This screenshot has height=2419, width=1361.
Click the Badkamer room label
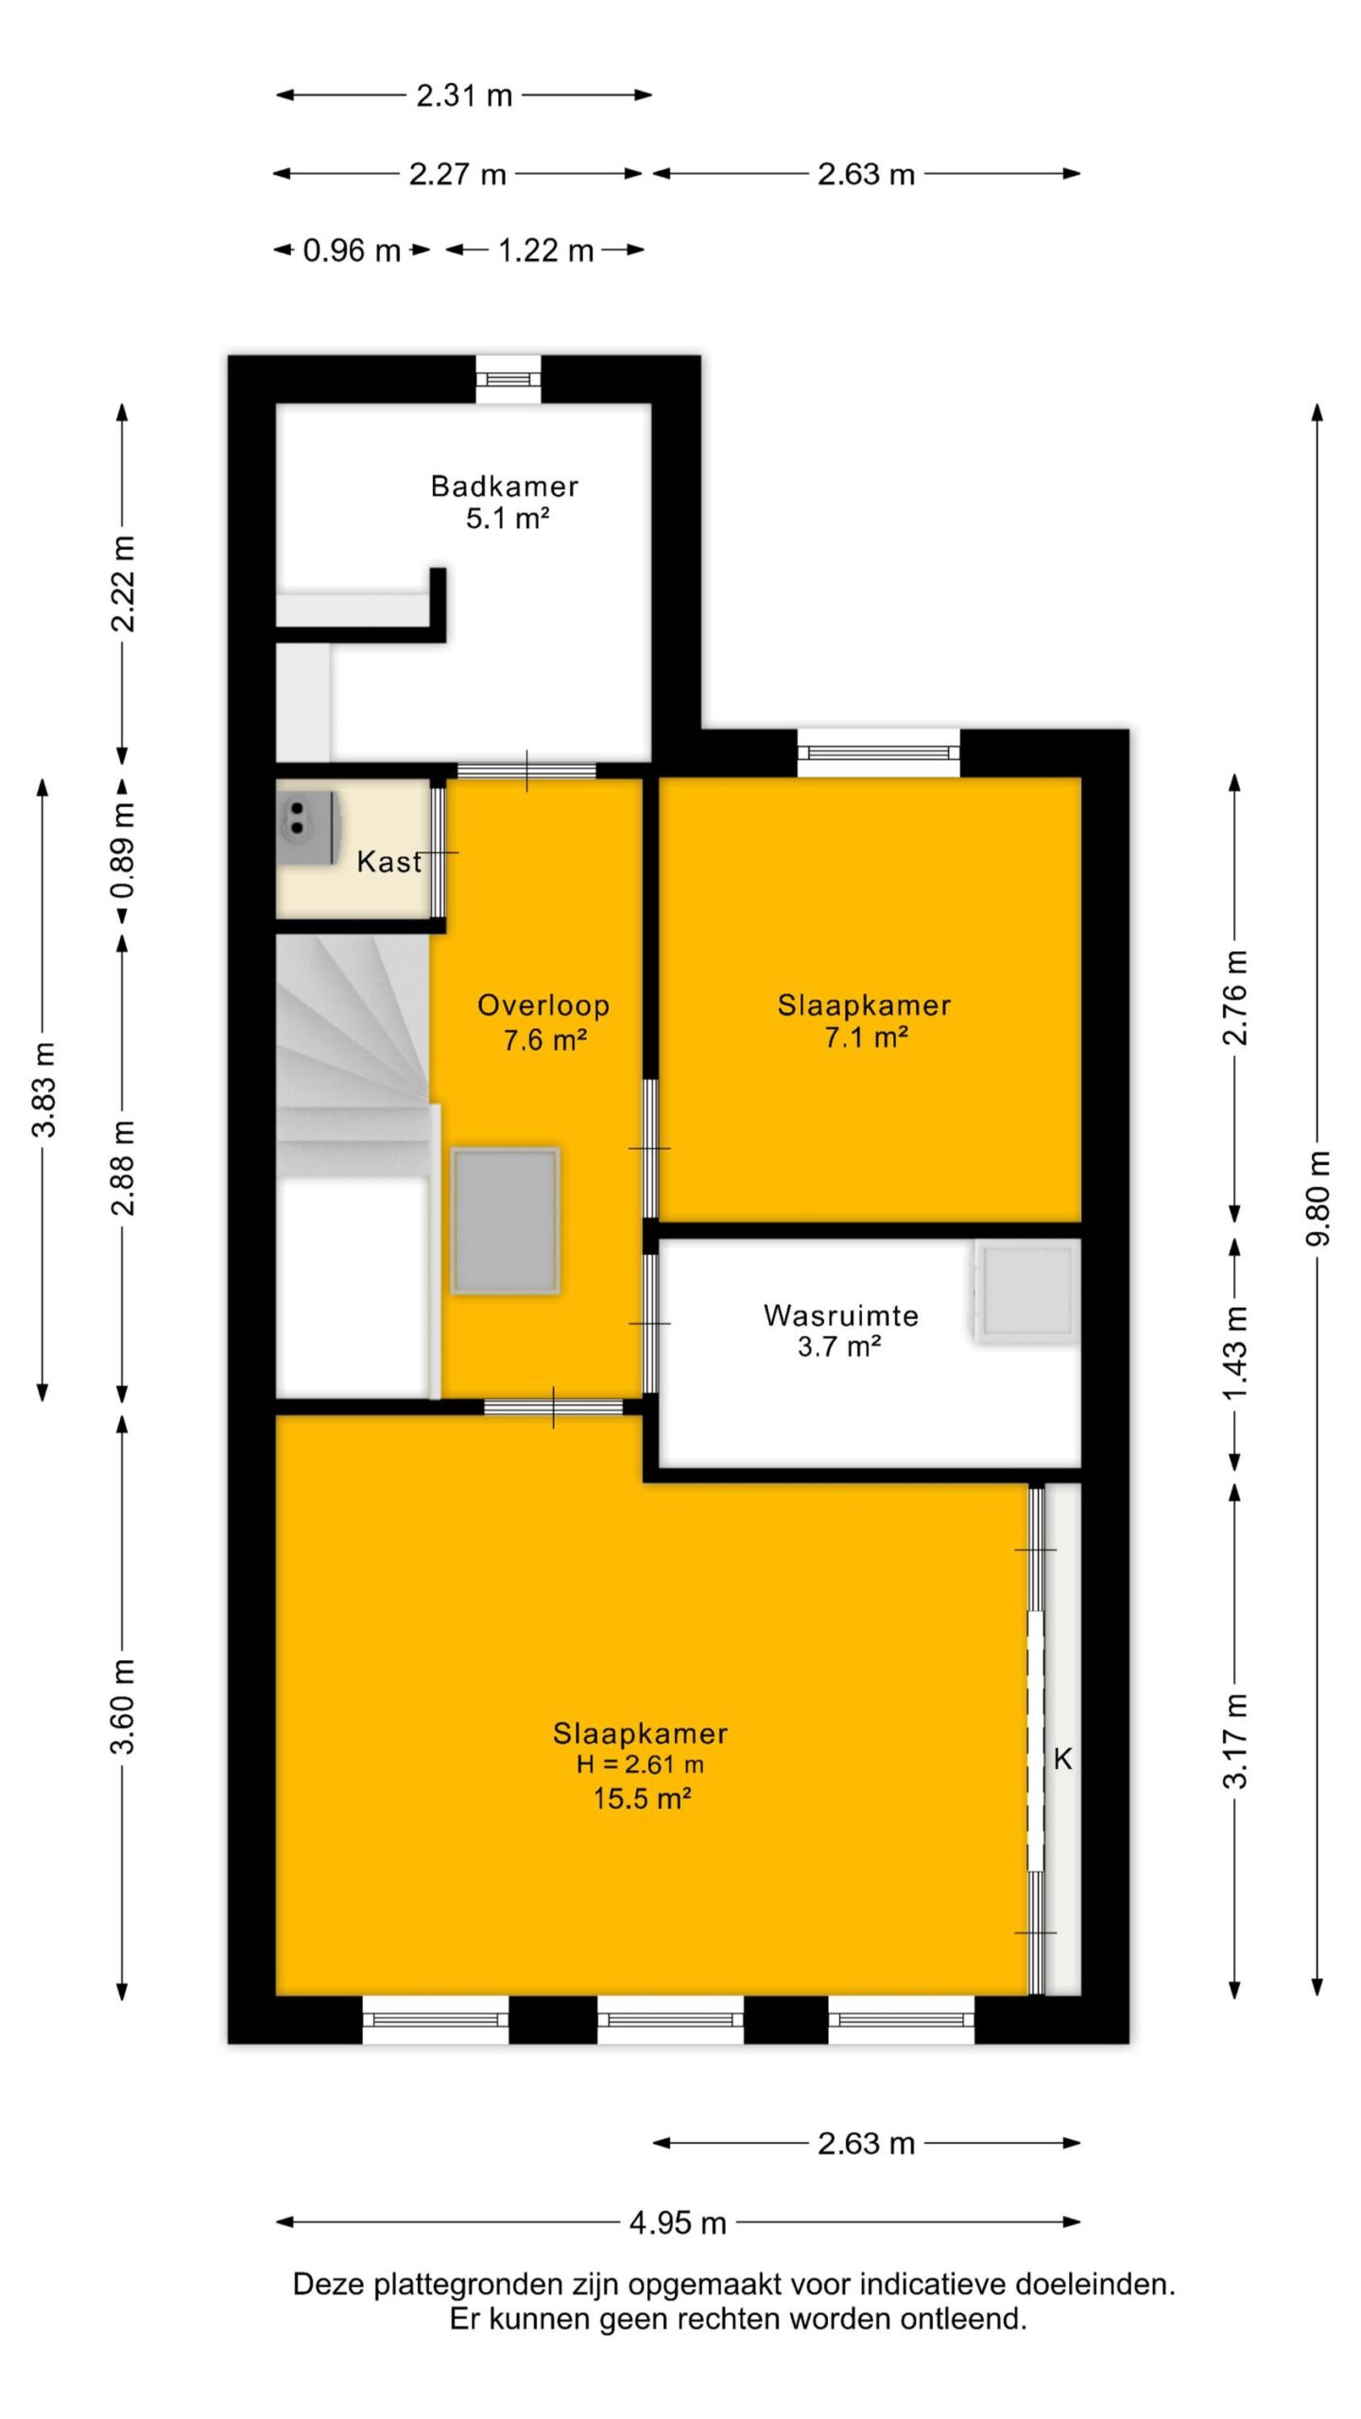tap(504, 487)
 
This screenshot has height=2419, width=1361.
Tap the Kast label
tap(388, 862)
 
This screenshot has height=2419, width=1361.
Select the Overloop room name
tap(543, 1005)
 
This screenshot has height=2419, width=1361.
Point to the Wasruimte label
tap(840, 1315)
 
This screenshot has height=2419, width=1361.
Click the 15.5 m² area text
tap(642, 1798)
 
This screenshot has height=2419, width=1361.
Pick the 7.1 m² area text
tap(866, 1038)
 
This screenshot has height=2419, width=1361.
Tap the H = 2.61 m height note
tap(640, 1764)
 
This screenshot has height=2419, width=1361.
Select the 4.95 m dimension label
tap(678, 2222)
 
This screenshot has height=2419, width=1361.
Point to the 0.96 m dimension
tap(352, 250)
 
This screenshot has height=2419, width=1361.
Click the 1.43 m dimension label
tap(1235, 1352)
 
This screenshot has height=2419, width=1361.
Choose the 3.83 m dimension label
tap(43, 1089)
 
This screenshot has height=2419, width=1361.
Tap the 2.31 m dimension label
tap(464, 94)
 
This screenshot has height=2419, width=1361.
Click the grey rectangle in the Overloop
tap(506, 1221)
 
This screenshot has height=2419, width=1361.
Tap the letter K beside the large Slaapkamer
tap(1063, 1758)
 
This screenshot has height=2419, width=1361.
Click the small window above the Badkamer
tap(508, 379)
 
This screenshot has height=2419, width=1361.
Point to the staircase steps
tap(353, 1056)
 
